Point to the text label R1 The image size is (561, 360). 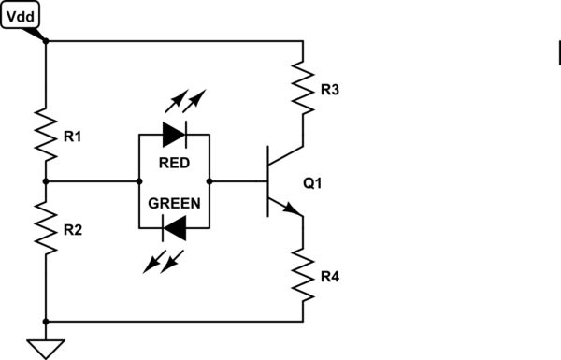(72, 137)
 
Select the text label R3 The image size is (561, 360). (330, 91)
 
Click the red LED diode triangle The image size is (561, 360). (174, 135)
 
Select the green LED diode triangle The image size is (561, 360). (174, 225)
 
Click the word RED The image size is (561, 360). (174, 162)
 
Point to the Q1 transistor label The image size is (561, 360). (312, 183)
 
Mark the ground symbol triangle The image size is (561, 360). (45, 348)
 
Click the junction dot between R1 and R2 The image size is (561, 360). (45, 180)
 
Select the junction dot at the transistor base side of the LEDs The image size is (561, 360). (209, 180)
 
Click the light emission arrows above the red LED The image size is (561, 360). (186, 101)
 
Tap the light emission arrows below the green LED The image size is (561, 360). (160, 261)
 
